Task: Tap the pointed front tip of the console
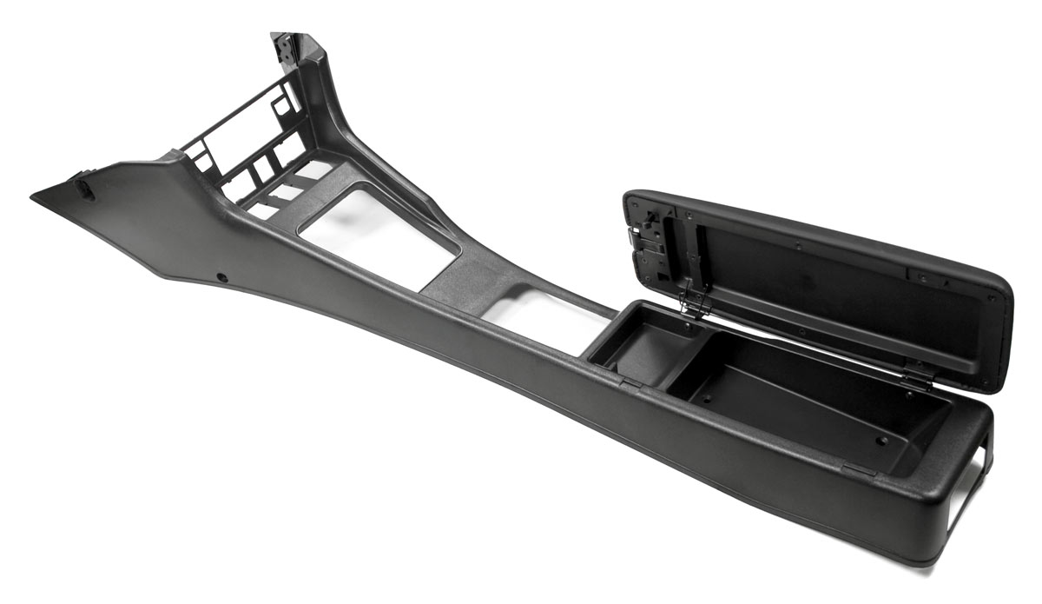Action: [x=35, y=197]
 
